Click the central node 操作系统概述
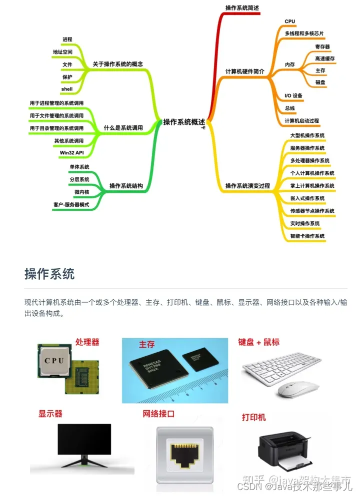tap(184, 121)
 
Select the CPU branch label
tap(290, 21)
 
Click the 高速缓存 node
tap(324, 58)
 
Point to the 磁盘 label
tap(320, 82)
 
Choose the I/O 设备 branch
tap(293, 95)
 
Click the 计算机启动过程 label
tap(301, 121)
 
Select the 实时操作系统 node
tap(305, 223)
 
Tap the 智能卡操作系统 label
tap(307, 236)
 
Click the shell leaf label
tap(67, 89)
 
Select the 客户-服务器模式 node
tap(71, 205)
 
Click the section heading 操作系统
tap(49, 274)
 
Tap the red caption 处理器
tap(87, 342)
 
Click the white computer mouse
tap(298, 388)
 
